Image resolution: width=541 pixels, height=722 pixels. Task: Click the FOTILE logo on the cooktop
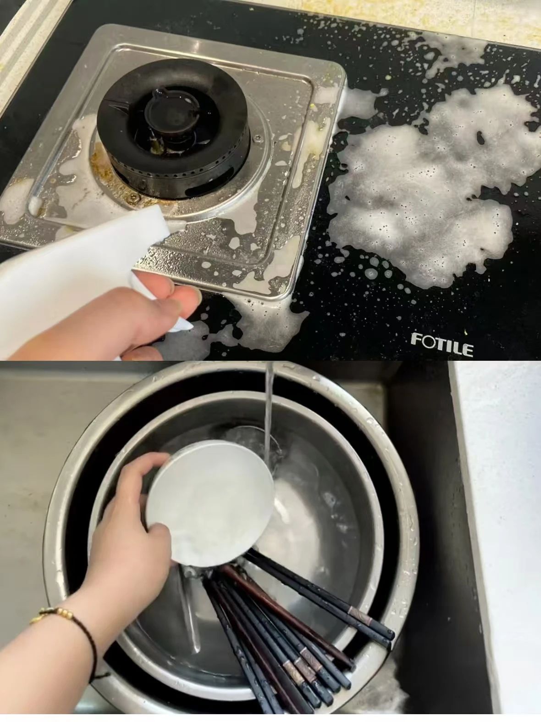[x=442, y=344]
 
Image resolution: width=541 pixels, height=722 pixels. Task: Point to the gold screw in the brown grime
[x=134, y=197]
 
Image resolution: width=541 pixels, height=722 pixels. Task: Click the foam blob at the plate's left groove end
[x=34, y=205]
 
